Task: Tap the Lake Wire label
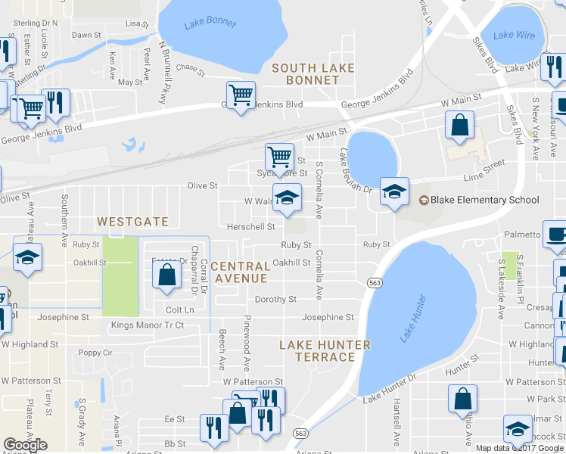514,35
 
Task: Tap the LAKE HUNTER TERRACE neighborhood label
325,351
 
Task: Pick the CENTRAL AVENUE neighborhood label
241,272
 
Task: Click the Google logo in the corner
25,445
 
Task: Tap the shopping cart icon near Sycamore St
279,157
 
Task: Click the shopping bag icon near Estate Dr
167,276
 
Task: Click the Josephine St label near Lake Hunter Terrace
328,318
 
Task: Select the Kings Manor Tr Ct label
148,325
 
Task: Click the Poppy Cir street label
95,353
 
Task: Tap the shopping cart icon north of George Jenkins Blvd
240,95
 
